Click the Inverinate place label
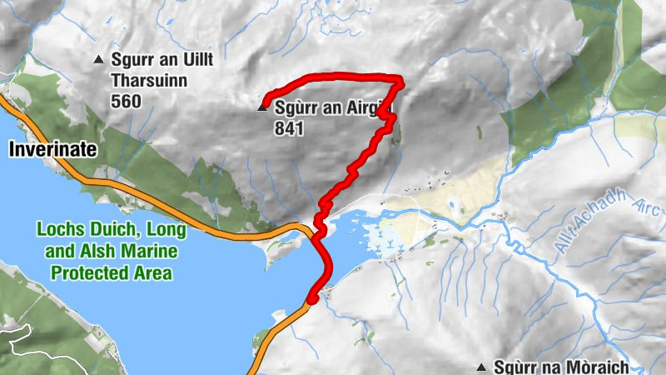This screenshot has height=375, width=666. click(53, 150)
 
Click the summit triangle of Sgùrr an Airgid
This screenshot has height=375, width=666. click(263, 107)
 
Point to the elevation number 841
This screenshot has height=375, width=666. click(287, 128)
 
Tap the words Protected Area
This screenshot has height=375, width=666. click(111, 273)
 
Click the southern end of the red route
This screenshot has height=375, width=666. click(311, 299)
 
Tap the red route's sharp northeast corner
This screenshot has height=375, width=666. click(401, 81)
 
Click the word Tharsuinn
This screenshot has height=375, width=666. click(149, 81)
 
